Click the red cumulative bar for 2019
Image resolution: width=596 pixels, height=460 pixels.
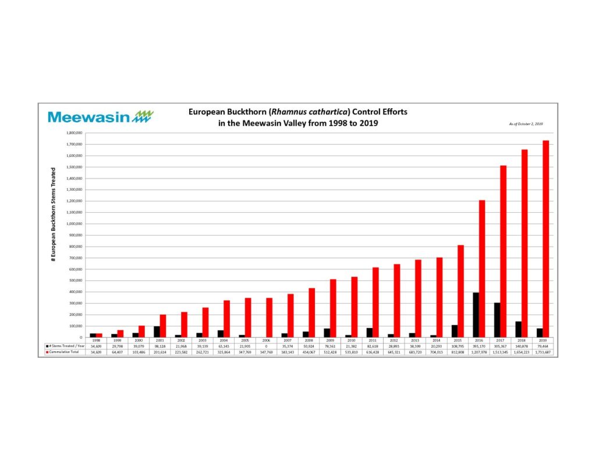tap(546, 238)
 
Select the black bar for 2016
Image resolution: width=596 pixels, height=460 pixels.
tap(476, 315)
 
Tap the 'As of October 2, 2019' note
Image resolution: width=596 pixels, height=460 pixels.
tap(525, 124)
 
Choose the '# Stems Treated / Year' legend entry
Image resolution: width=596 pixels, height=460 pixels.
tap(63, 346)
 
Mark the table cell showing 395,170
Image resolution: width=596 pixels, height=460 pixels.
tap(476, 346)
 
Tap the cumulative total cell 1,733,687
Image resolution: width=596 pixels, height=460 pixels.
tap(540, 352)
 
